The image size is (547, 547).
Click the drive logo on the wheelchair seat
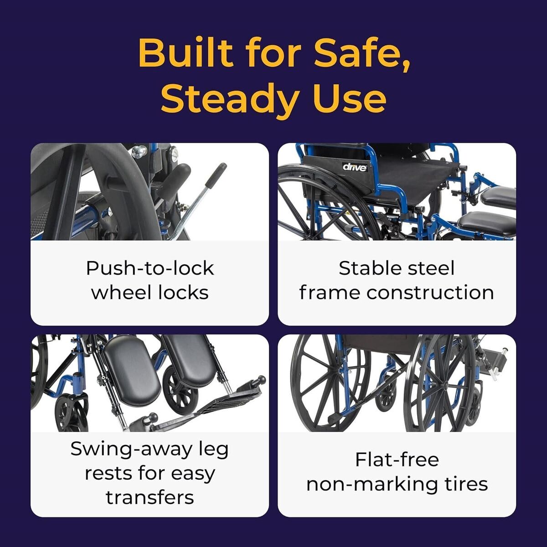pyautogui.click(x=355, y=167)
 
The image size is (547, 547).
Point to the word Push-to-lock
pyautogui.click(x=150, y=268)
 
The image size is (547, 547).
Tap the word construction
pyautogui.click(x=430, y=293)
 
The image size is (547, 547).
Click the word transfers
pyautogui.click(x=150, y=497)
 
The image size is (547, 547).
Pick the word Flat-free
pyautogui.click(x=397, y=459)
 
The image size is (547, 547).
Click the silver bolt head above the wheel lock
pyautogui.click(x=139, y=152)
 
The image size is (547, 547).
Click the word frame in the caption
pyautogui.click(x=329, y=293)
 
